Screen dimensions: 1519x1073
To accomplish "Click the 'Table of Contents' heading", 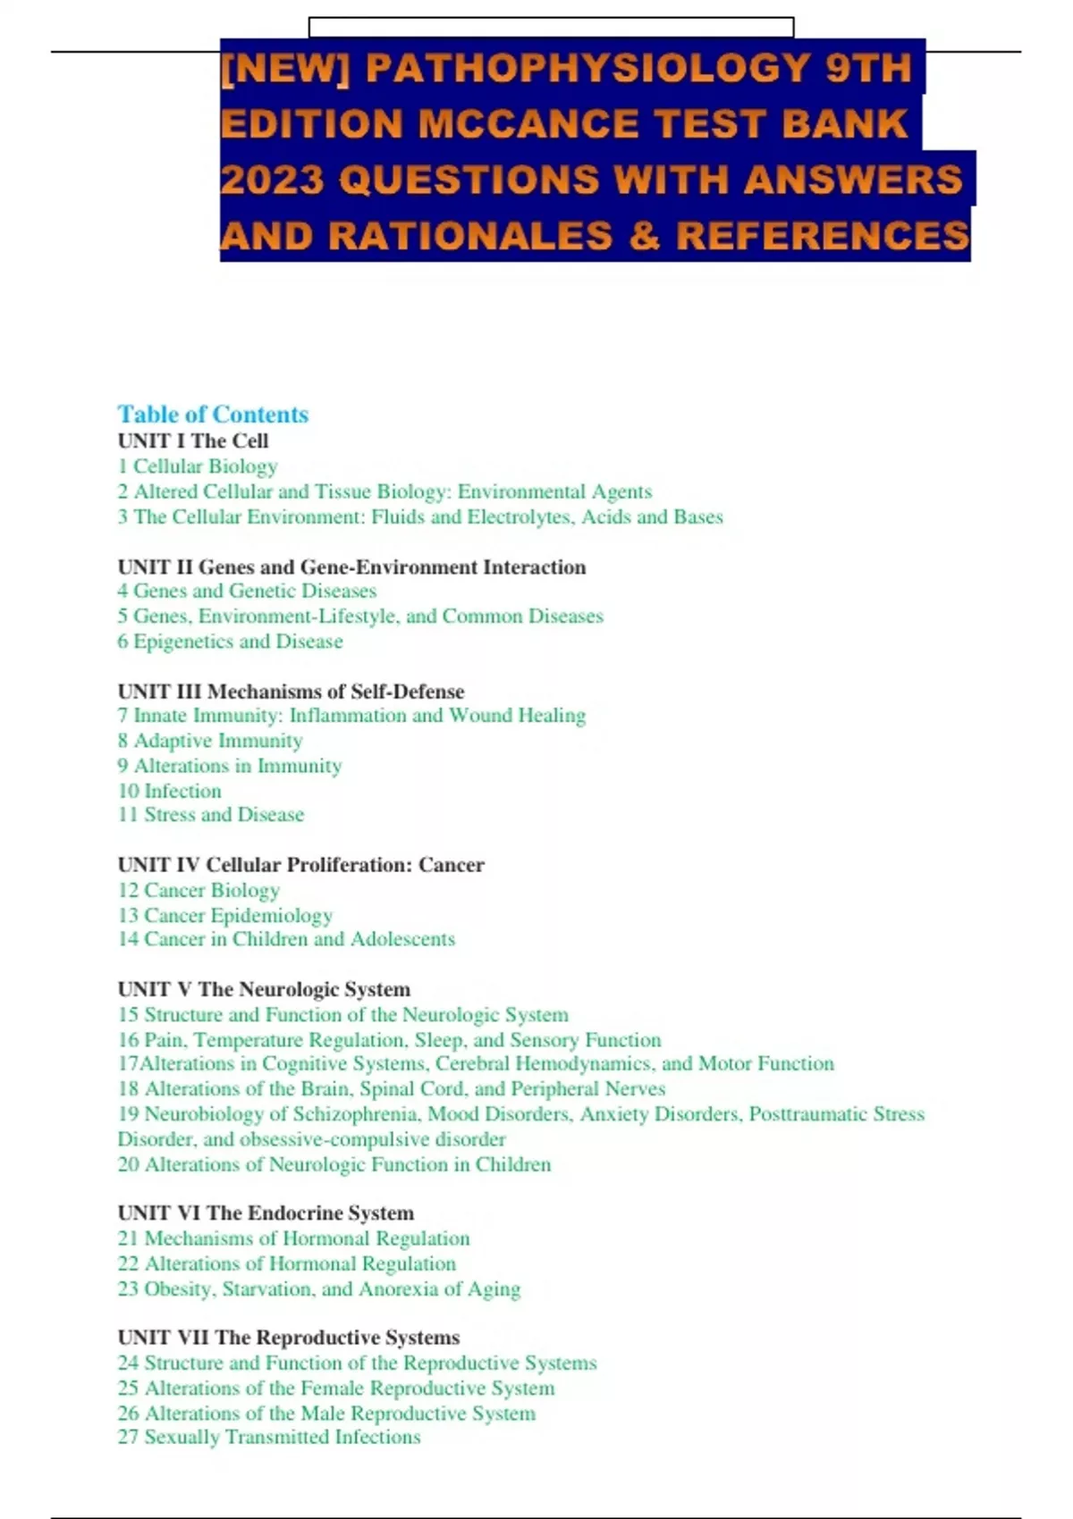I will tap(213, 415).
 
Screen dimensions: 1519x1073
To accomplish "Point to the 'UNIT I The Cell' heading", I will tap(193, 441).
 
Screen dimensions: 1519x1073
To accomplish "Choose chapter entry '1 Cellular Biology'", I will tap(198, 466).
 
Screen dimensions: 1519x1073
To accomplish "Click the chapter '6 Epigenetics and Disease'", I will tap(230, 642).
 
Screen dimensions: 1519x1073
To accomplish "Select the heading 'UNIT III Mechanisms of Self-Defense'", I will tap(291, 692).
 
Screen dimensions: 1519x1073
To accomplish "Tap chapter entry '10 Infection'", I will tap(170, 791).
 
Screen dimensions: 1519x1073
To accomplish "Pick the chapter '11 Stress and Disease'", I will tap(211, 815).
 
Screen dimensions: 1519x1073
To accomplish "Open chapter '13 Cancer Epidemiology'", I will tap(225, 915).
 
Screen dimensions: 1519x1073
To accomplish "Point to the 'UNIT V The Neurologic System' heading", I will tap(264, 989).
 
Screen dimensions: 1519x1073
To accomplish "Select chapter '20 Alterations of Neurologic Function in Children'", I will tap(334, 1164).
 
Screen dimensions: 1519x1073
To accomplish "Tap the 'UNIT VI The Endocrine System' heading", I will tap(266, 1213).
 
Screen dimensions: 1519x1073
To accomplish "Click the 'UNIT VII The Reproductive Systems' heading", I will tap(289, 1338).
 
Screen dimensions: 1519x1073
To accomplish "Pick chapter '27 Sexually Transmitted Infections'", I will tap(269, 1437).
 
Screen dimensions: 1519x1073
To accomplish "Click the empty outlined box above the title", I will tap(551, 27).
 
